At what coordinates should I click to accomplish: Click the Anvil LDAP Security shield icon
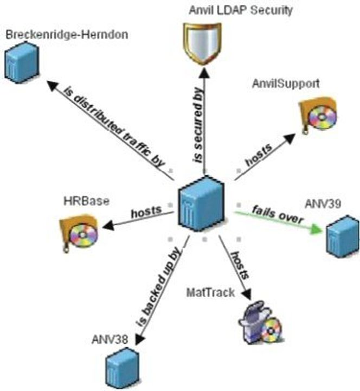tap(202, 43)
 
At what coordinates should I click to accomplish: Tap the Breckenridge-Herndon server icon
tap(22, 63)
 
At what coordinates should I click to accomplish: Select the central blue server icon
tap(201, 203)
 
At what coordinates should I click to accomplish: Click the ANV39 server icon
tap(343, 236)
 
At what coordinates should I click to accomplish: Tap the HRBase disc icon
tap(79, 233)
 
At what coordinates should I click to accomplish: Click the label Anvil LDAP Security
tap(241, 10)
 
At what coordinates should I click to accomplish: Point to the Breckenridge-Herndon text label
tap(67, 34)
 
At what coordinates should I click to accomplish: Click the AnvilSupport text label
tap(286, 84)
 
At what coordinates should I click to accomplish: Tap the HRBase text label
tap(86, 201)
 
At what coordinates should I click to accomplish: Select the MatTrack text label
tap(211, 292)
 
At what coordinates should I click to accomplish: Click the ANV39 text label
tap(323, 204)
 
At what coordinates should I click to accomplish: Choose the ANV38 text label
tap(110, 339)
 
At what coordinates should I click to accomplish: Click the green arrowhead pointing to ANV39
tap(316, 229)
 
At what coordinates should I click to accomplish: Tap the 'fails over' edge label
tap(278, 214)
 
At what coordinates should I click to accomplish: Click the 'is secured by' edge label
tap(198, 125)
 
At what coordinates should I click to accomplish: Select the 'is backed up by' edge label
tap(158, 287)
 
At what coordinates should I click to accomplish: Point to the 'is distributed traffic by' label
tap(114, 127)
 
